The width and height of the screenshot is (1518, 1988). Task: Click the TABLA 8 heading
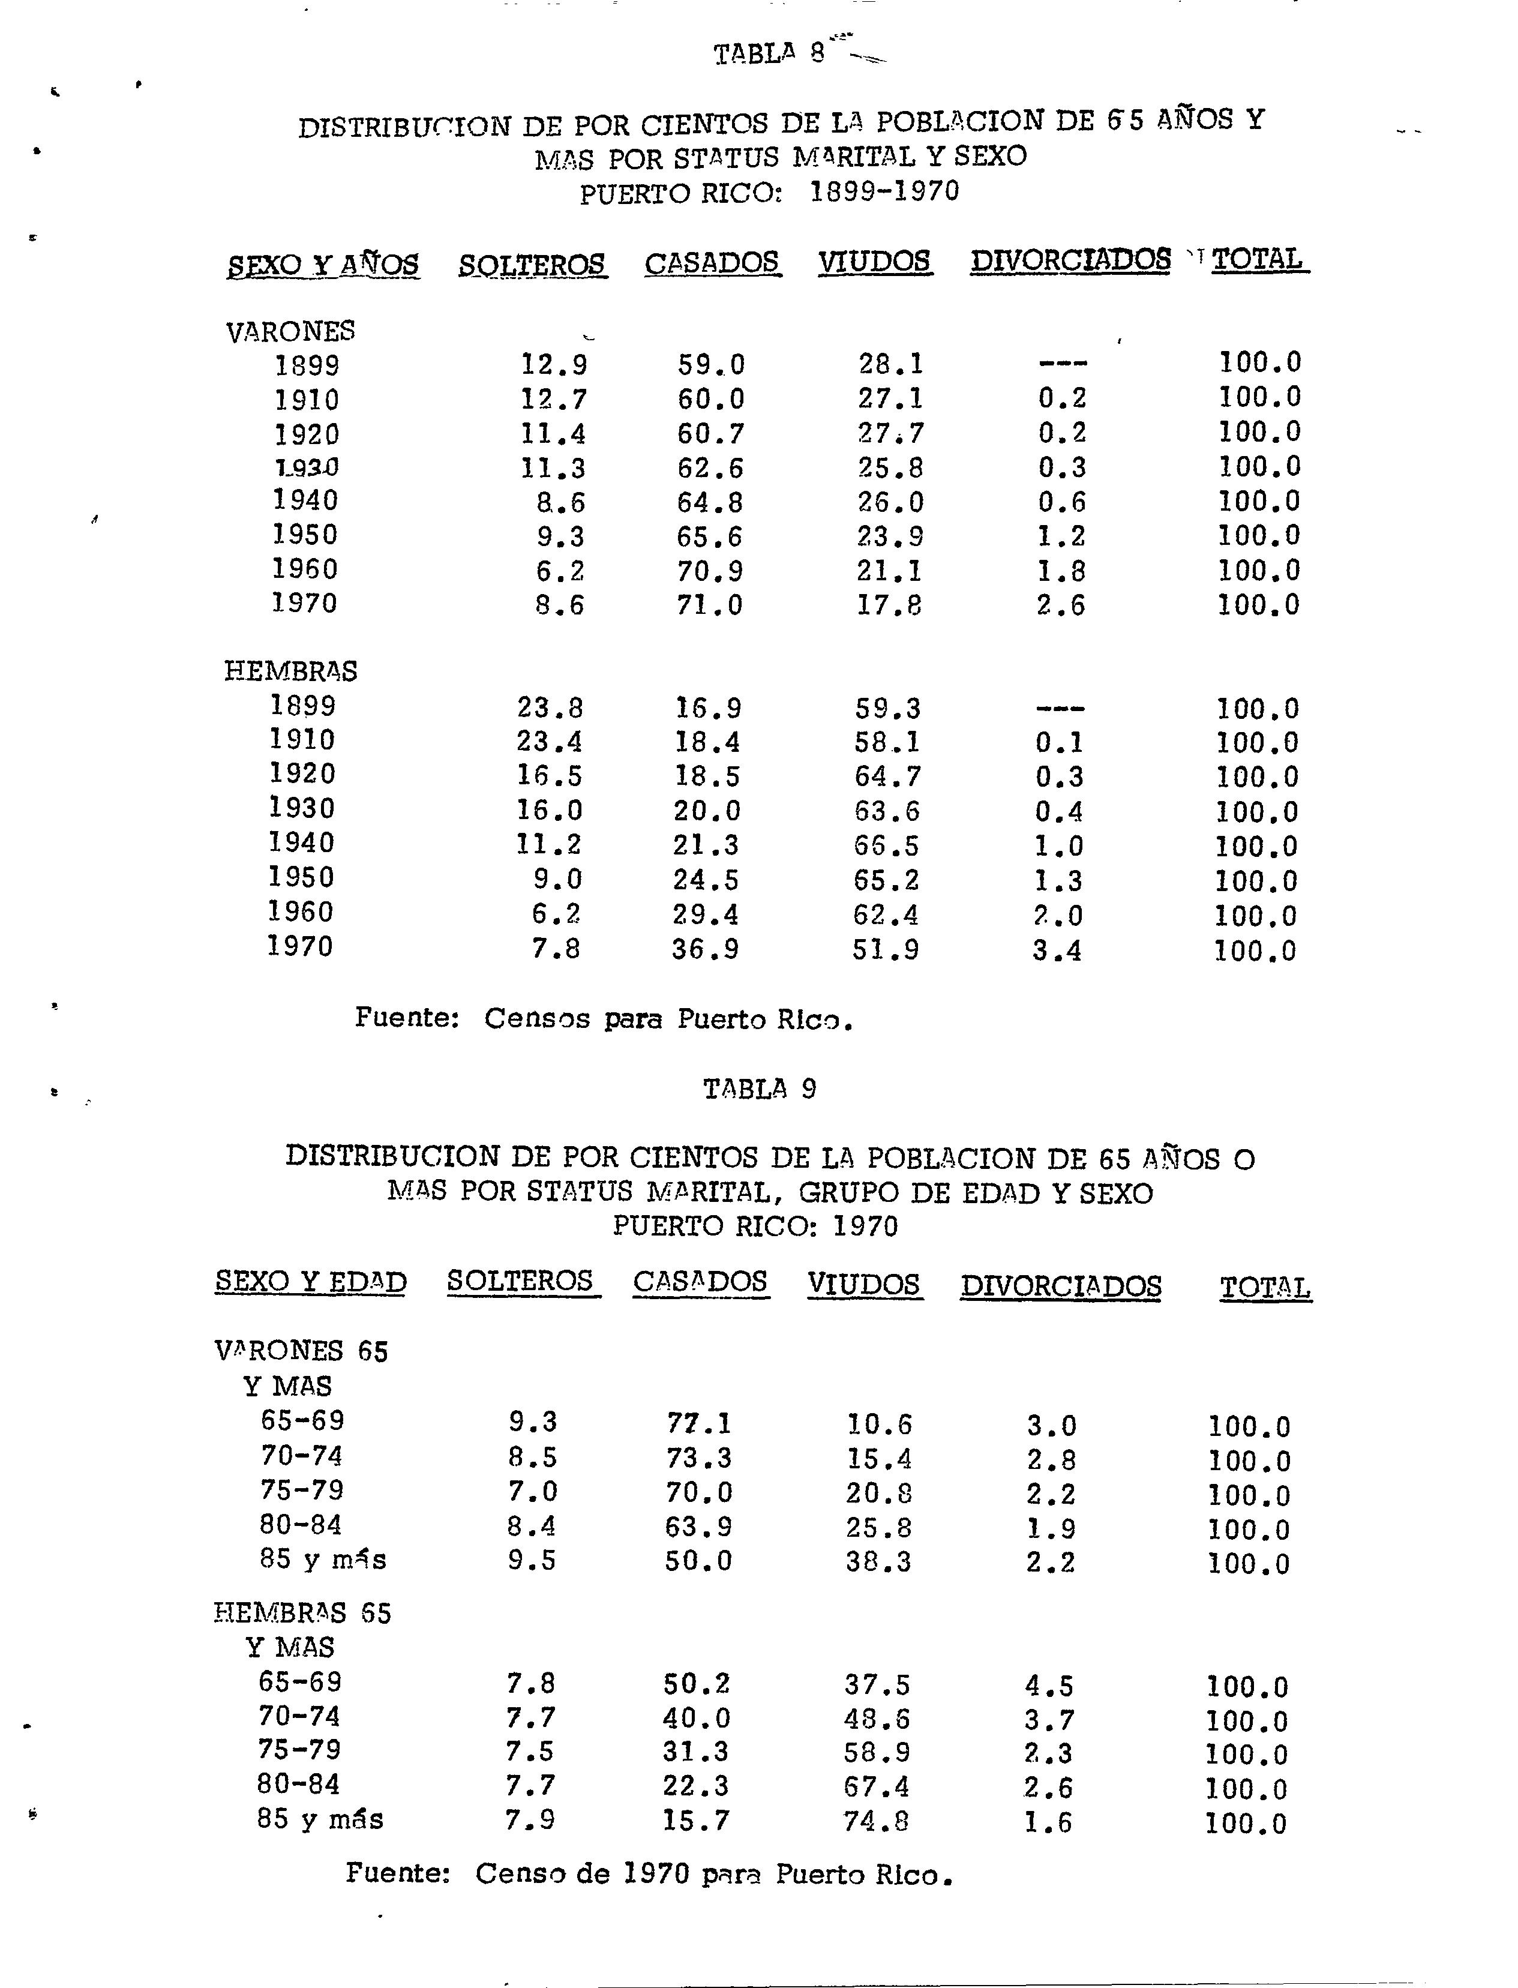tap(769, 53)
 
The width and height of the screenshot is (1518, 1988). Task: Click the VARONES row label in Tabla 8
tap(290, 332)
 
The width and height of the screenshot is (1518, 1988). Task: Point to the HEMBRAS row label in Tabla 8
tap(290, 671)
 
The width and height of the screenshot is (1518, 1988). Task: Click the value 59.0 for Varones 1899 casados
tap(711, 364)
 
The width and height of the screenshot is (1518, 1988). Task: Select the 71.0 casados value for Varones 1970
tap(709, 604)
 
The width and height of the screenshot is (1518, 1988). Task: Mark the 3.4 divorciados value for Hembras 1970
tap(1057, 950)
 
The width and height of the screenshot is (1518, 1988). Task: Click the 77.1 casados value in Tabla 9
tap(700, 1424)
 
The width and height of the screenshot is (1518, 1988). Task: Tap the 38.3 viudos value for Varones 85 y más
tap(878, 1561)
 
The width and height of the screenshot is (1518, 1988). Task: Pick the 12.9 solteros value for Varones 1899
tap(554, 364)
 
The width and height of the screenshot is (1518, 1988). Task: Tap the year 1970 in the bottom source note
tap(658, 1874)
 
